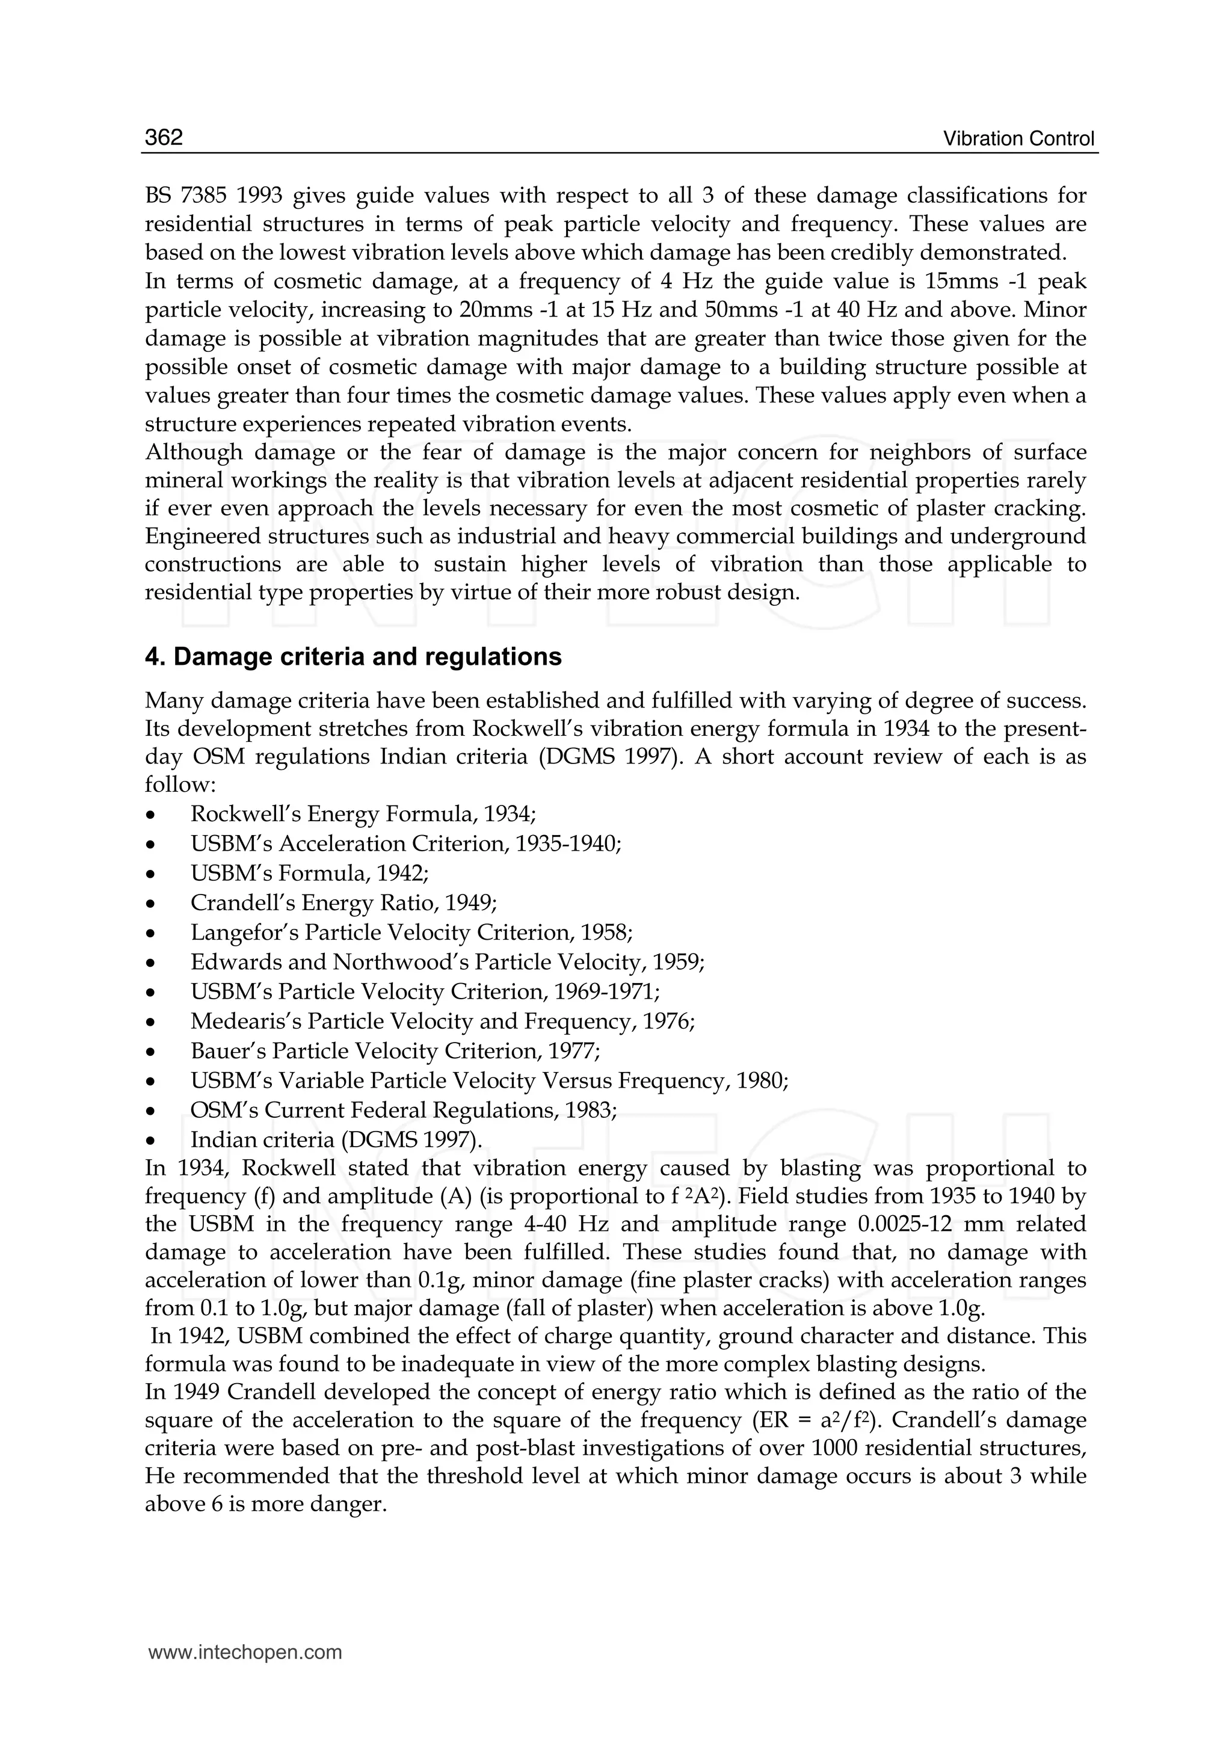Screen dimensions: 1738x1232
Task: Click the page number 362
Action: point(164,137)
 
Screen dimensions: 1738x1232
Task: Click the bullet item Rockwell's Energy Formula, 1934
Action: point(363,815)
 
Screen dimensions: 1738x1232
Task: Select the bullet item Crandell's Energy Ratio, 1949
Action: point(343,904)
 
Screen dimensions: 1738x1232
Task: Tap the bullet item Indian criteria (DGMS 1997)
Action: point(336,1140)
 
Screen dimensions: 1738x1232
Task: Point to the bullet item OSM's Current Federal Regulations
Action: point(403,1111)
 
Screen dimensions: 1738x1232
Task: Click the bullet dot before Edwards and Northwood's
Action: point(151,963)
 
